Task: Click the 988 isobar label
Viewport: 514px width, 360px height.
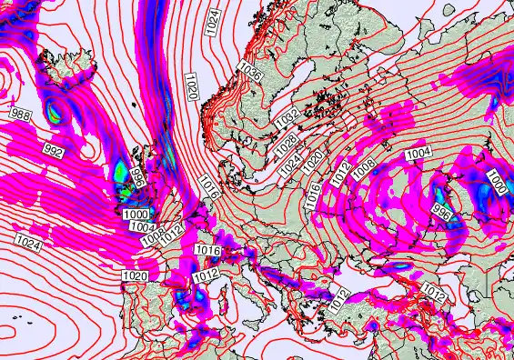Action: point(20,113)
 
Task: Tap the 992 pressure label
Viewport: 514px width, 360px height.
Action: point(54,152)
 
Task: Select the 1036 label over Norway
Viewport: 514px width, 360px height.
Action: point(251,74)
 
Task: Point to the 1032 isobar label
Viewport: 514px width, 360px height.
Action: point(287,118)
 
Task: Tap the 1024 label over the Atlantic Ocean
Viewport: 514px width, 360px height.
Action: point(27,241)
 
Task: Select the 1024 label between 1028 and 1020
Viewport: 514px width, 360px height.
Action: point(290,166)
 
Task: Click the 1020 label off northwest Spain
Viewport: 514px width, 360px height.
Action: point(135,275)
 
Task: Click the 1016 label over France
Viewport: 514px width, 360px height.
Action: point(208,250)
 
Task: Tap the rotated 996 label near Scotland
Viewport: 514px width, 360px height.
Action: point(139,176)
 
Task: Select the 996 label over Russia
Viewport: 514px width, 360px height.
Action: point(442,212)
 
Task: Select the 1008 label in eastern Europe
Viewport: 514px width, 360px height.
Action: point(365,168)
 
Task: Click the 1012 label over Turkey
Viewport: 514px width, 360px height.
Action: point(434,294)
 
